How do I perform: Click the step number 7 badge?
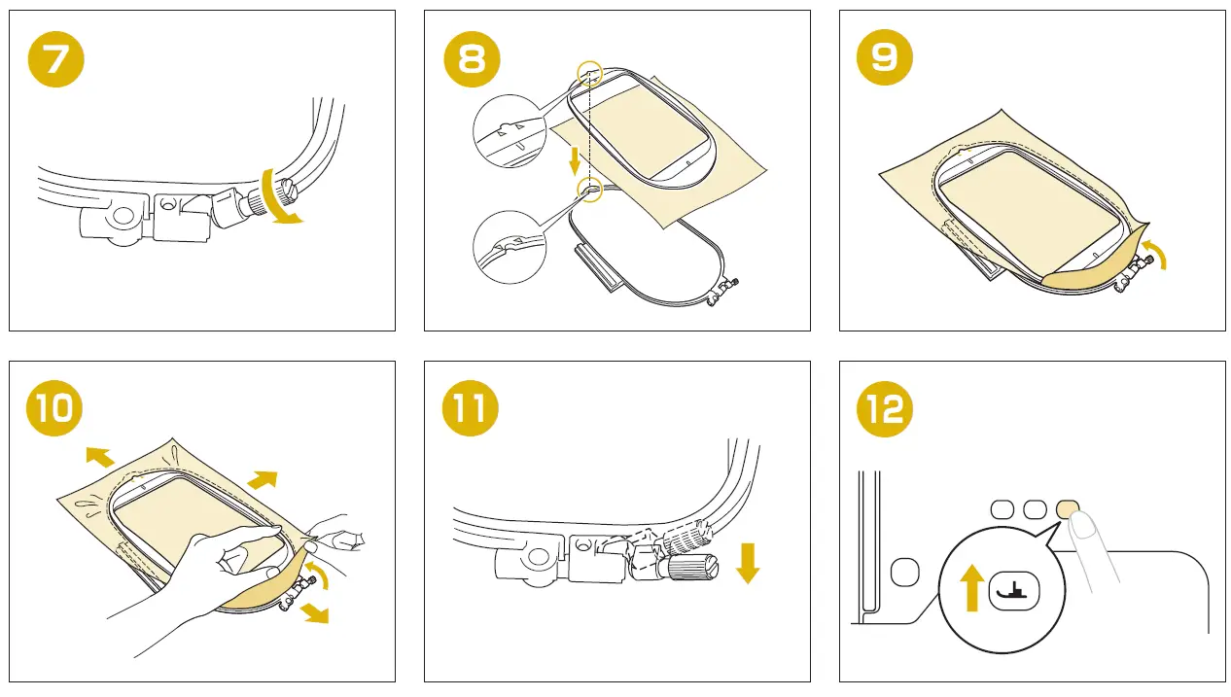point(56,58)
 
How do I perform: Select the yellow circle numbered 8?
point(472,58)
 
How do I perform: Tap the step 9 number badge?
point(885,58)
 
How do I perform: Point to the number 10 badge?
point(55,408)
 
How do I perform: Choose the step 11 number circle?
point(471,408)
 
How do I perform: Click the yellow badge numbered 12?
point(886,408)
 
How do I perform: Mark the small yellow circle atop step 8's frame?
point(589,73)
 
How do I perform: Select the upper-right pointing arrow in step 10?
point(262,479)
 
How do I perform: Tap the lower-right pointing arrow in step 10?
point(313,611)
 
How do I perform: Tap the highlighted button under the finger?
point(1067,508)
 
